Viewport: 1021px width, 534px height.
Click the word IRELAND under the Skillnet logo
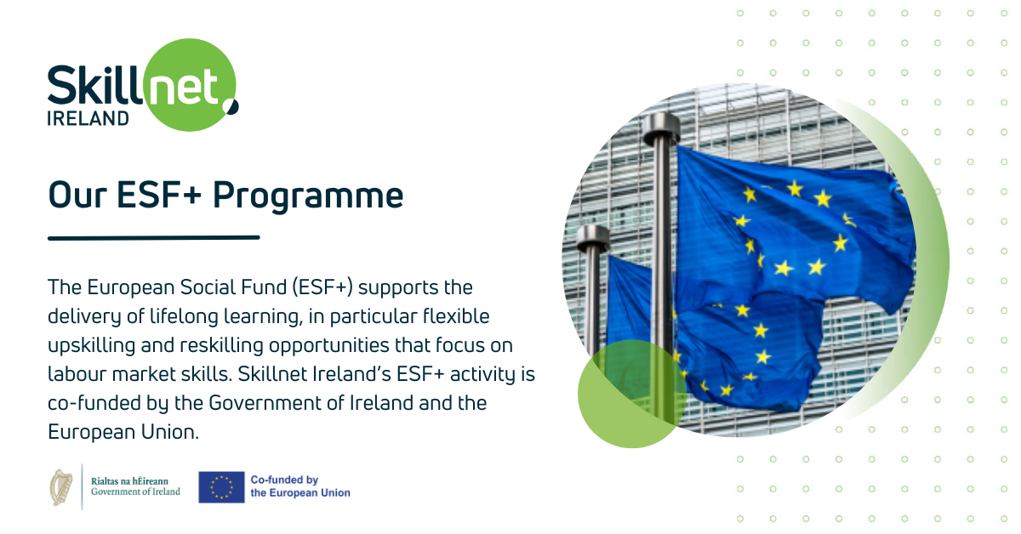[88, 118]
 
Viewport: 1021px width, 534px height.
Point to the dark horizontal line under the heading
[154, 238]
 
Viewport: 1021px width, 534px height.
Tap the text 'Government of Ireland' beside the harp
[135, 491]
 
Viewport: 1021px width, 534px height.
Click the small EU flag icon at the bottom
[221, 487]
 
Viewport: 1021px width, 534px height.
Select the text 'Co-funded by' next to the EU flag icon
[283, 480]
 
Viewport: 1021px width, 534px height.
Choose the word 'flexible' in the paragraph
[455, 316]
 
